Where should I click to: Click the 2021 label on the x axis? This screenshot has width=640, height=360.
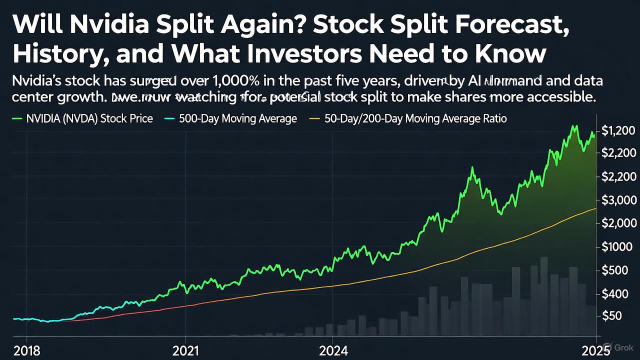tap(185, 350)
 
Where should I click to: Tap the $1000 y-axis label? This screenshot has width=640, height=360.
tap(616, 246)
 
